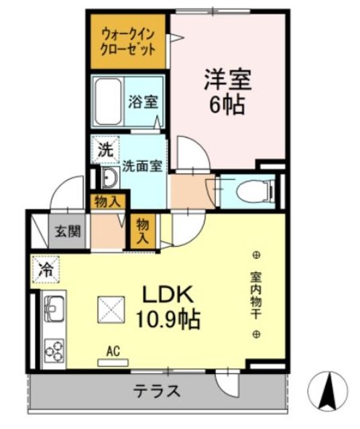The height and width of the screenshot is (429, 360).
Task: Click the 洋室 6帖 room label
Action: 227,91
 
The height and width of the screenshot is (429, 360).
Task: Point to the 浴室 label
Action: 143,103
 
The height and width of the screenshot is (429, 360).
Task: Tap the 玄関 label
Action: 67,233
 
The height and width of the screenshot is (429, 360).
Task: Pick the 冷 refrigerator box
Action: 46,270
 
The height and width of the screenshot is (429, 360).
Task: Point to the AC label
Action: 113,351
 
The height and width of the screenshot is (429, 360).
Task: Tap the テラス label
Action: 158,391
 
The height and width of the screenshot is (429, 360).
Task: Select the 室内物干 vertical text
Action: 256,294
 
